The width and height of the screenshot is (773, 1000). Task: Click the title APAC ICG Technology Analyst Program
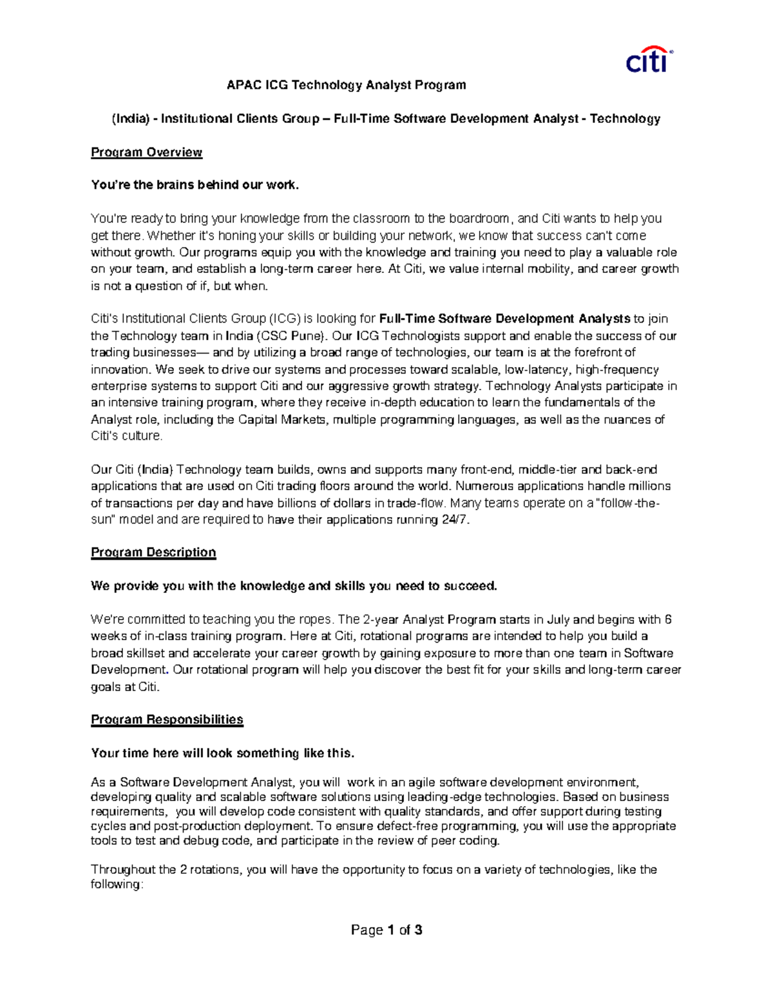(346, 85)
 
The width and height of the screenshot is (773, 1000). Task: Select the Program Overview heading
(146, 153)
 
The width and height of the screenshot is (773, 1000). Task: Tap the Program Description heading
(153, 552)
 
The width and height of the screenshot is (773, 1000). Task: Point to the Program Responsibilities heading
(167, 720)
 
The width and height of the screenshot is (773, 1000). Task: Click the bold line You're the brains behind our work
(195, 185)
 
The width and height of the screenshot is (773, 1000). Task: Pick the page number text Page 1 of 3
(386, 930)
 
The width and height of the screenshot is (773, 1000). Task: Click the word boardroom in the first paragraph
(479, 219)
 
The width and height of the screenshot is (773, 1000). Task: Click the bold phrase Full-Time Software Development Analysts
(505, 319)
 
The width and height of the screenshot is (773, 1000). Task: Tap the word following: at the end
(116, 885)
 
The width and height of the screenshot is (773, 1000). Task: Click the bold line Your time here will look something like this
(223, 753)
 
